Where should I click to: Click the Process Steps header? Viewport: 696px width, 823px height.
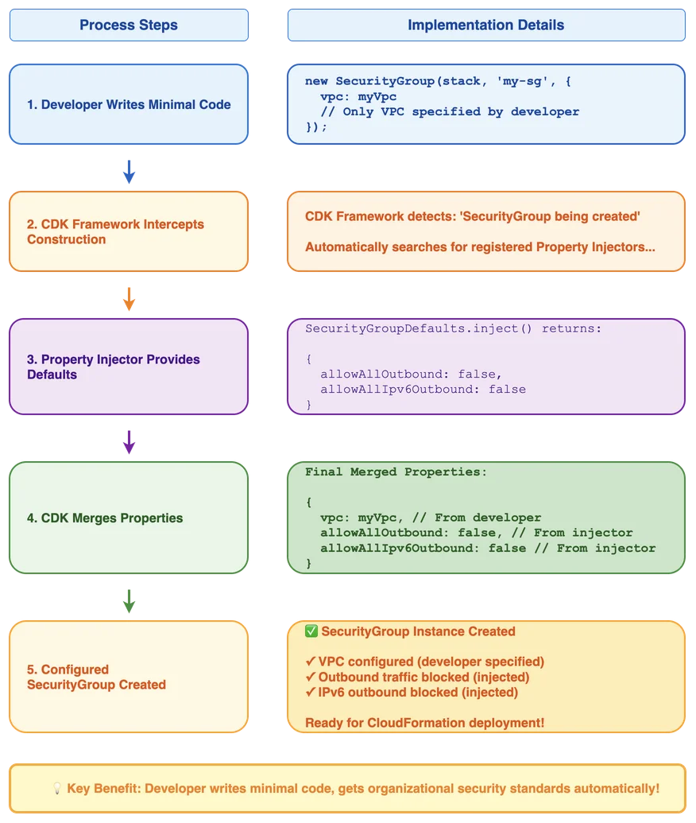point(129,25)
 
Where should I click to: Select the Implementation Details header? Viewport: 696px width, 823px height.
point(486,25)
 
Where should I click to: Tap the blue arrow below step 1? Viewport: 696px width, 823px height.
point(129,172)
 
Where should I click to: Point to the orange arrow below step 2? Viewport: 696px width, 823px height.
point(129,299)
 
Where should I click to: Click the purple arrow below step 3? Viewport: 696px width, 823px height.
point(129,442)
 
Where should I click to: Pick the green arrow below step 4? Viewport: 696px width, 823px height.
point(129,601)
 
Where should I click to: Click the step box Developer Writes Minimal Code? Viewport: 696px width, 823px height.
point(129,104)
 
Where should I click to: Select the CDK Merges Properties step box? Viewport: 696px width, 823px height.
point(129,518)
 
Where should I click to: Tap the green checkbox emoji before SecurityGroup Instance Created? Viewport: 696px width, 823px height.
point(311,631)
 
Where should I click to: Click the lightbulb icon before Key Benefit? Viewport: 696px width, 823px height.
point(57,788)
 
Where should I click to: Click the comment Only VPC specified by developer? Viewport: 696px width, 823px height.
point(450,112)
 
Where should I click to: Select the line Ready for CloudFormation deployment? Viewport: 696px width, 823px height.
point(425,723)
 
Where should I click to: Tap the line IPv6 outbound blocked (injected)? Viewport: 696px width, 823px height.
point(412,693)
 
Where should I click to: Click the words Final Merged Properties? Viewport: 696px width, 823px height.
point(396,472)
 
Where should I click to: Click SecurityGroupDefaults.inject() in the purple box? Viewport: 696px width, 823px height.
point(419,328)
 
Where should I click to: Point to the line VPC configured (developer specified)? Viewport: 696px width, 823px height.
point(425,662)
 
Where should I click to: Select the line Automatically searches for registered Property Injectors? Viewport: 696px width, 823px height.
point(480,247)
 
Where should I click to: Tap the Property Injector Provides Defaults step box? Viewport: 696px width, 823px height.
point(129,367)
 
